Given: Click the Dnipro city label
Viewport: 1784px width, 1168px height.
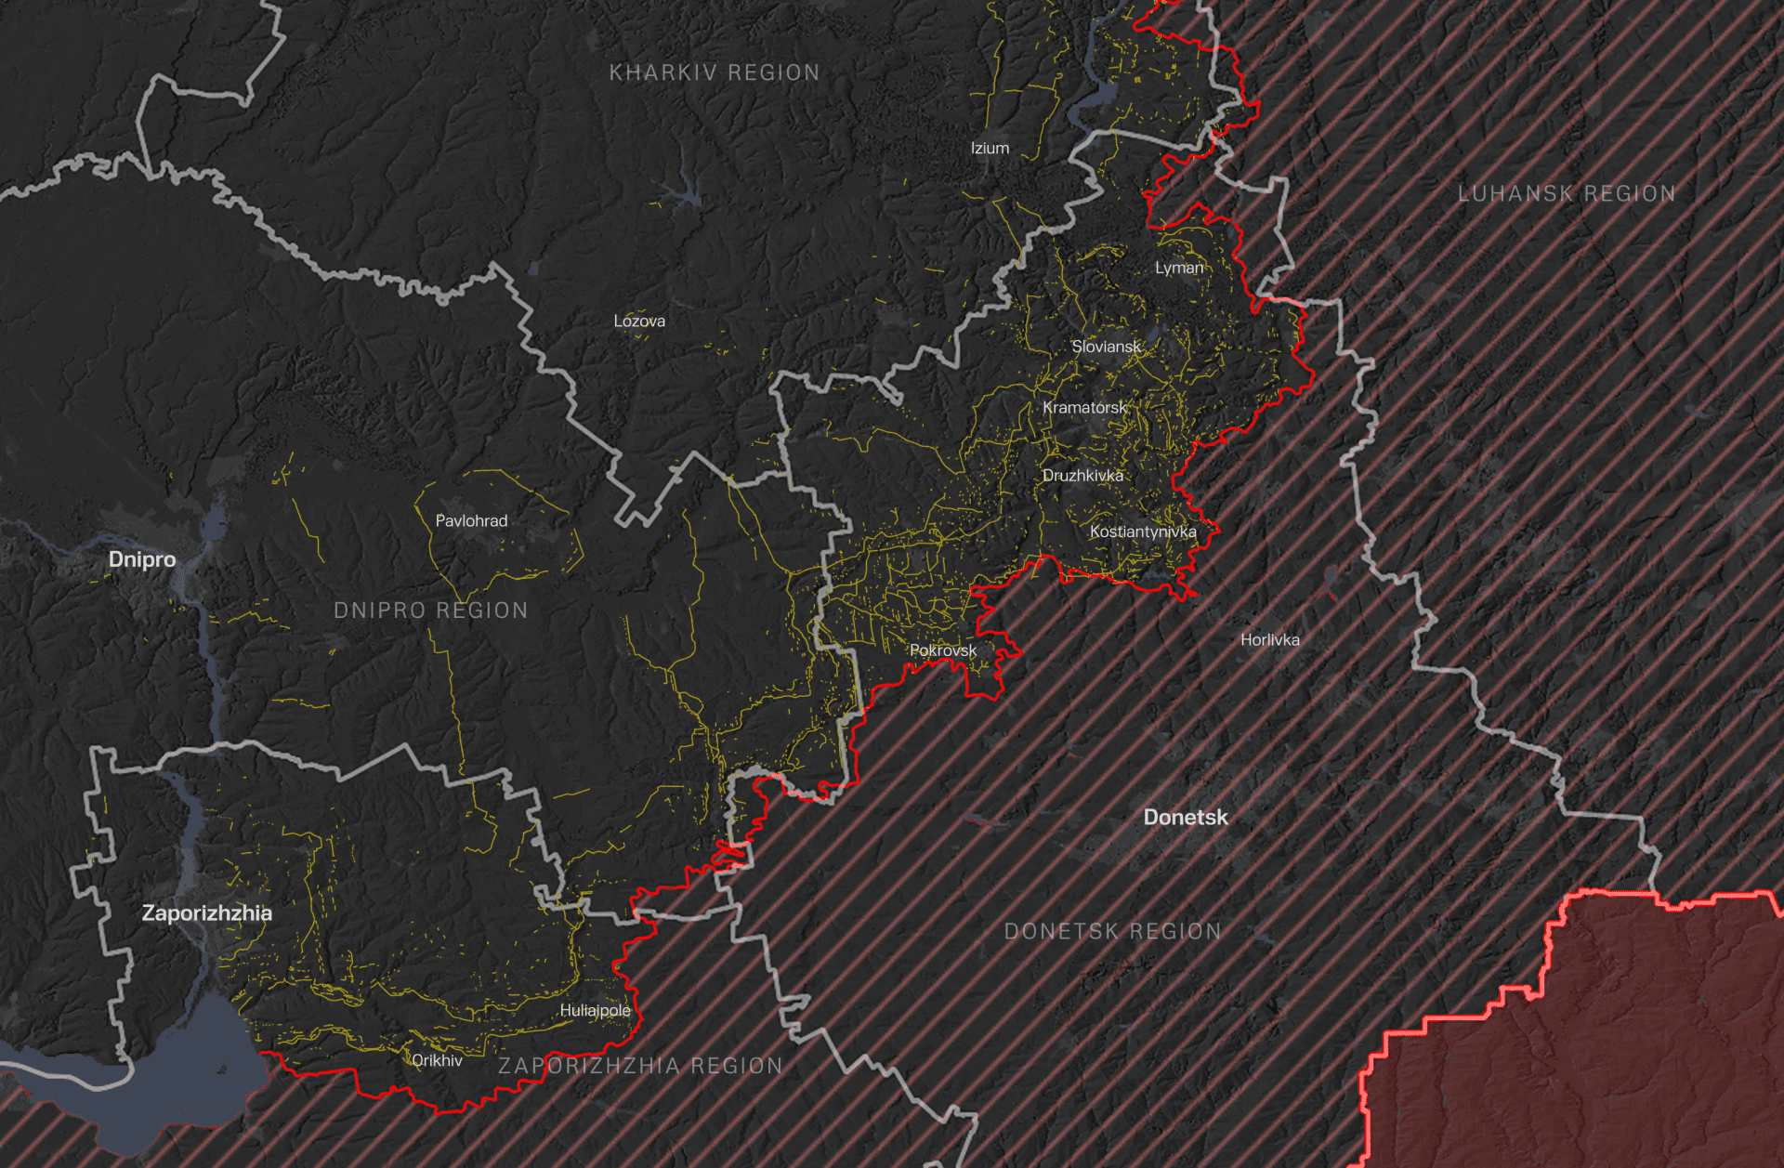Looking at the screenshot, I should (142, 559).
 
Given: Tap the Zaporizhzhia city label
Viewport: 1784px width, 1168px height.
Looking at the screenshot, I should (206, 913).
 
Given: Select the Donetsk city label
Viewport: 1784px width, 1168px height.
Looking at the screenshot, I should (1186, 818).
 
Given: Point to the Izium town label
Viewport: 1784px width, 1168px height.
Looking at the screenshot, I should (990, 149).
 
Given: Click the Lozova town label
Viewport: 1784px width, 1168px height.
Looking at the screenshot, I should (639, 322).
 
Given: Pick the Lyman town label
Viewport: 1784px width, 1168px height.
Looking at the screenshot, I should (1179, 269).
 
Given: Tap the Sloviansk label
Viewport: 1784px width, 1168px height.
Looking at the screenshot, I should (1106, 347).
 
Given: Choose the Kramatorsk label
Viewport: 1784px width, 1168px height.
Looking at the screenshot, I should (1084, 408).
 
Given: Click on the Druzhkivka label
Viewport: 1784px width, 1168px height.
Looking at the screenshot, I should (1082, 476).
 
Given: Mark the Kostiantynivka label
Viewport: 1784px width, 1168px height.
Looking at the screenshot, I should (1143, 532).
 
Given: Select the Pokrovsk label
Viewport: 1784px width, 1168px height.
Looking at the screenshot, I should (943, 650).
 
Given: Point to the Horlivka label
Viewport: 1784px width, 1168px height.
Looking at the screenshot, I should (1270, 640).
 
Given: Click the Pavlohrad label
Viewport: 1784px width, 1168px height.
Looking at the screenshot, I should (471, 521).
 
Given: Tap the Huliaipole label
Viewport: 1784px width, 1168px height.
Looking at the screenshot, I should (595, 1011).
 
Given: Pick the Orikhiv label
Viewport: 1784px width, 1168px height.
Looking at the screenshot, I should (437, 1060).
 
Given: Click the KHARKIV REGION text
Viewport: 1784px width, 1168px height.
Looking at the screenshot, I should (715, 72).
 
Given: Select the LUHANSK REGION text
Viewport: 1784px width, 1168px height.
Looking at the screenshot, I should (1567, 194).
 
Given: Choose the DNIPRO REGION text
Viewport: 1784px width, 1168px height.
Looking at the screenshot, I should (430, 610).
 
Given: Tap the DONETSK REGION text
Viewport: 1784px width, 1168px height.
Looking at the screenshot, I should (1113, 932).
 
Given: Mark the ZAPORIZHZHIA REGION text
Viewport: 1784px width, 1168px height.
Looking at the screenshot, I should (640, 1066).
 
